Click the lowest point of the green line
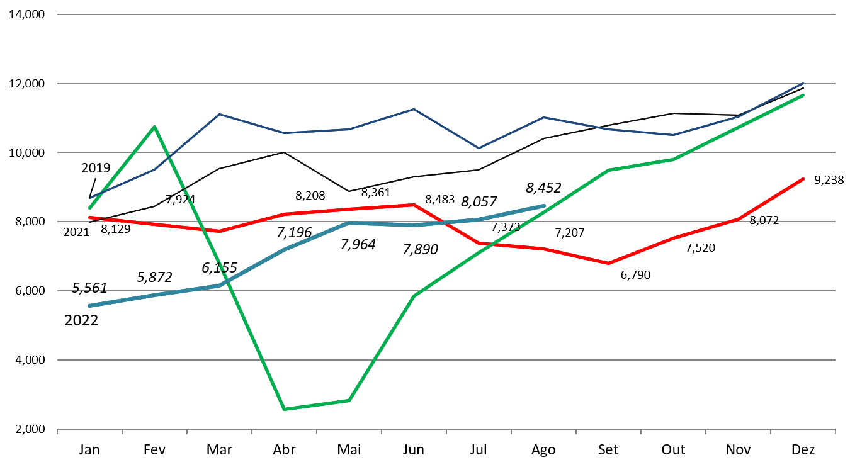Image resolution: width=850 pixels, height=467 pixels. click(x=285, y=409)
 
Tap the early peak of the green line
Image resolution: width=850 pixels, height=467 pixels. click(x=154, y=127)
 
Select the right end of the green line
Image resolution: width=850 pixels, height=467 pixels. click(x=803, y=95)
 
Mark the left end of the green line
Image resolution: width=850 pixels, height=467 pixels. click(x=89, y=208)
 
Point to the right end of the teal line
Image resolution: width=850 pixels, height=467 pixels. click(x=543, y=206)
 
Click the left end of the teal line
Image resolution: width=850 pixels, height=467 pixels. click(x=89, y=306)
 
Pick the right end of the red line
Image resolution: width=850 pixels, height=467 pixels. click(x=803, y=179)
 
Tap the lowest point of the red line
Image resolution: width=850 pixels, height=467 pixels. click(x=608, y=263)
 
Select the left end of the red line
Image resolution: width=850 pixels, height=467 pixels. click(x=89, y=217)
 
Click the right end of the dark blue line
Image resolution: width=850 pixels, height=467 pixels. click(x=803, y=84)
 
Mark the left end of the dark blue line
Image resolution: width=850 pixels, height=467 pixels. click(x=89, y=198)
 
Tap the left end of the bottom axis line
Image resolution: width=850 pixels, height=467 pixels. click(x=57, y=429)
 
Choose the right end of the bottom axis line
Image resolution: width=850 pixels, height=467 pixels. click(x=835, y=429)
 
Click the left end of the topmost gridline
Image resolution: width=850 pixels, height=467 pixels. click(x=57, y=14)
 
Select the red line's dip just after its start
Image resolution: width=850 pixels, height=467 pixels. click(x=220, y=231)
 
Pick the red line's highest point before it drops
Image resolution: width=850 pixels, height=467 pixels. click(x=414, y=205)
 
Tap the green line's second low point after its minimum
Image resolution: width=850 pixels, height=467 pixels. click(x=349, y=400)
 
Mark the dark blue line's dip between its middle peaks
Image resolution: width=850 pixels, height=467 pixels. click(x=478, y=148)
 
